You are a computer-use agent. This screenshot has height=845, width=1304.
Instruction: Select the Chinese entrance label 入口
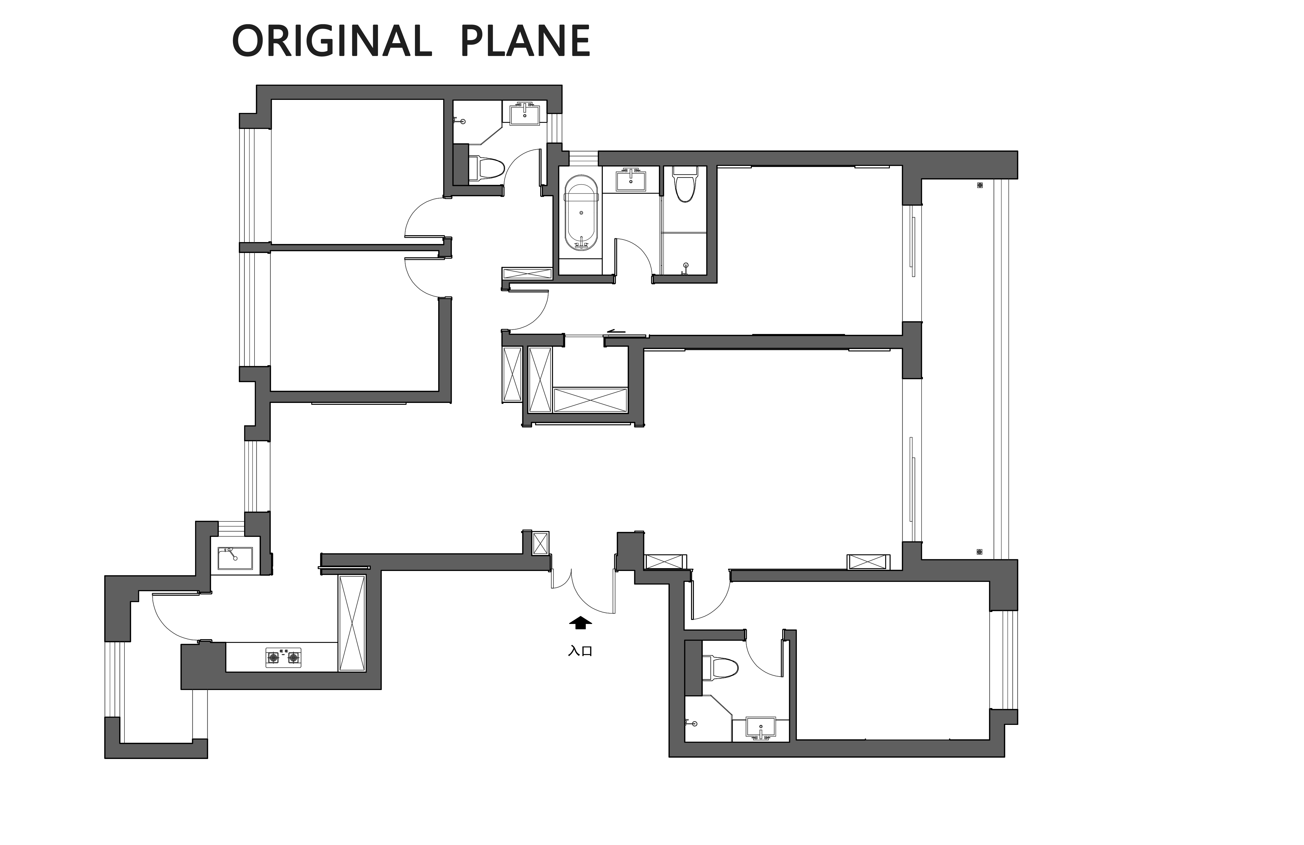tap(580, 651)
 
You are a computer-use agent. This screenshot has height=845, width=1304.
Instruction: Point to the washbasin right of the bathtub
tap(631, 179)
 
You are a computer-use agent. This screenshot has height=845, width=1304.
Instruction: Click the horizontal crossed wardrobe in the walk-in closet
tap(590, 400)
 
